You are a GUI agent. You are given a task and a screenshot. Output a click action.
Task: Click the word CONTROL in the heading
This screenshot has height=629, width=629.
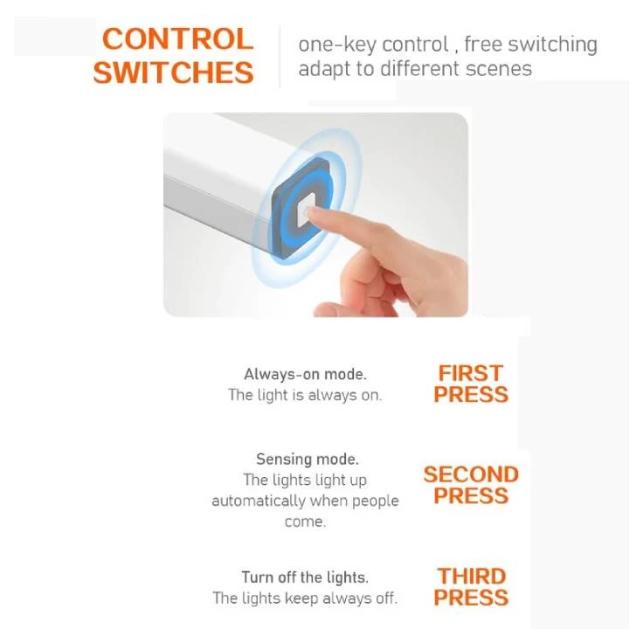click(x=177, y=39)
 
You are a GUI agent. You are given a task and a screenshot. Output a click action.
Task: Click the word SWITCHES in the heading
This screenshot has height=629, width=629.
click(x=173, y=73)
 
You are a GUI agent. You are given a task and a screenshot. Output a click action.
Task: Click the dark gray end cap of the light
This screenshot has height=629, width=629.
click(x=300, y=207)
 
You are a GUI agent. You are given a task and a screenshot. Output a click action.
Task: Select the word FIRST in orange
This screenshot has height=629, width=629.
click(x=471, y=373)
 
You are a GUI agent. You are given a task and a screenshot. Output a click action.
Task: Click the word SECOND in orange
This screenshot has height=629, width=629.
click(x=471, y=474)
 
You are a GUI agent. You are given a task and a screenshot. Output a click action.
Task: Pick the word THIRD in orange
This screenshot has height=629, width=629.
click(x=472, y=577)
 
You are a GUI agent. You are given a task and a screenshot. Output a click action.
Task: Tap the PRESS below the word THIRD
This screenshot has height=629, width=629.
click(x=471, y=598)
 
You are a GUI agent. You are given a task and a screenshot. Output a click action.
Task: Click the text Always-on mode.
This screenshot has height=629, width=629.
click(x=305, y=374)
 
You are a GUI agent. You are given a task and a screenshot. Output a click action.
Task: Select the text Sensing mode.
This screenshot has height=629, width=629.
click(x=308, y=459)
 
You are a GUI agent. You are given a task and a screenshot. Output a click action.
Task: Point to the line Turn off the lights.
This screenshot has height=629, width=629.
click(x=305, y=577)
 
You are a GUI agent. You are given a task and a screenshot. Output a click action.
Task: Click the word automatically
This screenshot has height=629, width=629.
click(x=259, y=501)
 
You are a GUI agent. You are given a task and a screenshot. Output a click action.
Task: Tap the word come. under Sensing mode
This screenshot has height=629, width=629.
click(x=305, y=522)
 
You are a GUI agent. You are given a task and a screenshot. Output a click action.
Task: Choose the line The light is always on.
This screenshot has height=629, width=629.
click(x=305, y=395)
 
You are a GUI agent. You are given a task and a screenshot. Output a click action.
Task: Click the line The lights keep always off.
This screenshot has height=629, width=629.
click(x=305, y=598)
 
